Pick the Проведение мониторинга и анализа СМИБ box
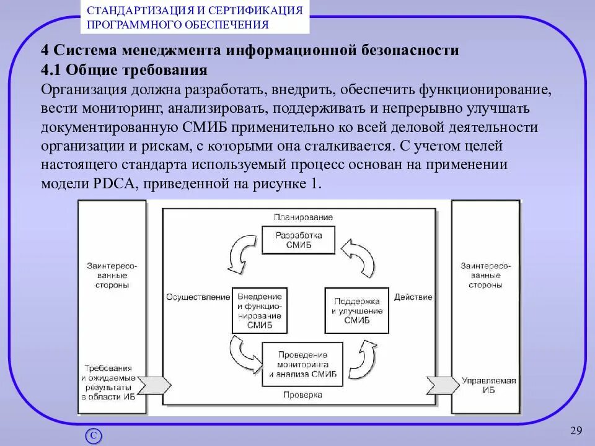(302, 364)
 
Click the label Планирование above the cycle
(303, 217)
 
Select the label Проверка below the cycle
(302, 394)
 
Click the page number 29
(576, 431)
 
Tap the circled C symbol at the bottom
(93, 435)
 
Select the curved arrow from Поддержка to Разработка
(359, 255)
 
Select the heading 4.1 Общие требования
(124, 69)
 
